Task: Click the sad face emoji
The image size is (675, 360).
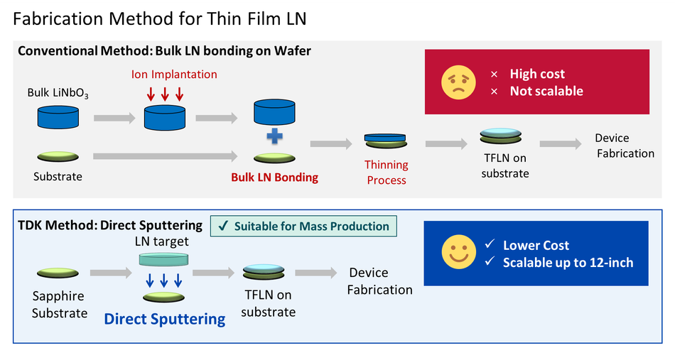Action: coord(458,82)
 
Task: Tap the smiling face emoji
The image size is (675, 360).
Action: coord(458,251)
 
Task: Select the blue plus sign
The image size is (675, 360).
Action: coord(275,136)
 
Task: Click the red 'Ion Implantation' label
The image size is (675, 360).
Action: coord(174,75)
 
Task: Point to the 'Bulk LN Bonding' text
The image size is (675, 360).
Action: coord(275,178)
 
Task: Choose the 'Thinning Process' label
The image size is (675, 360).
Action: coord(386,173)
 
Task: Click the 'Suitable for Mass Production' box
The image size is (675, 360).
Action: coord(303,227)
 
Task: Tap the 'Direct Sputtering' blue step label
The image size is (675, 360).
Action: coord(164,319)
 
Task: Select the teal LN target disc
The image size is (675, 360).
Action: coord(163,259)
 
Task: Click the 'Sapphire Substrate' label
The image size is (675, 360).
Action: coord(60,305)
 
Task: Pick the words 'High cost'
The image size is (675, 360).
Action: coord(537,74)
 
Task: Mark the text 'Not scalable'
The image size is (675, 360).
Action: coord(546,91)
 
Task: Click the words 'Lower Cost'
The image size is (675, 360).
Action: coord(536,245)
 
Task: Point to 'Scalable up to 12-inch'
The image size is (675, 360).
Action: coord(568,263)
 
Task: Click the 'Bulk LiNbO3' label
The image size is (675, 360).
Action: coord(58,93)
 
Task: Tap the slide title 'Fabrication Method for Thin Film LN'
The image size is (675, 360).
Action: coord(160,19)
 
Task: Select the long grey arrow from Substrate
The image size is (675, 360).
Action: coord(166,156)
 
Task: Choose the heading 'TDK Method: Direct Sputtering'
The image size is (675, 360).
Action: coord(110,225)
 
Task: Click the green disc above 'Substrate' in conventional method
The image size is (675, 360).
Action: coord(58,156)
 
